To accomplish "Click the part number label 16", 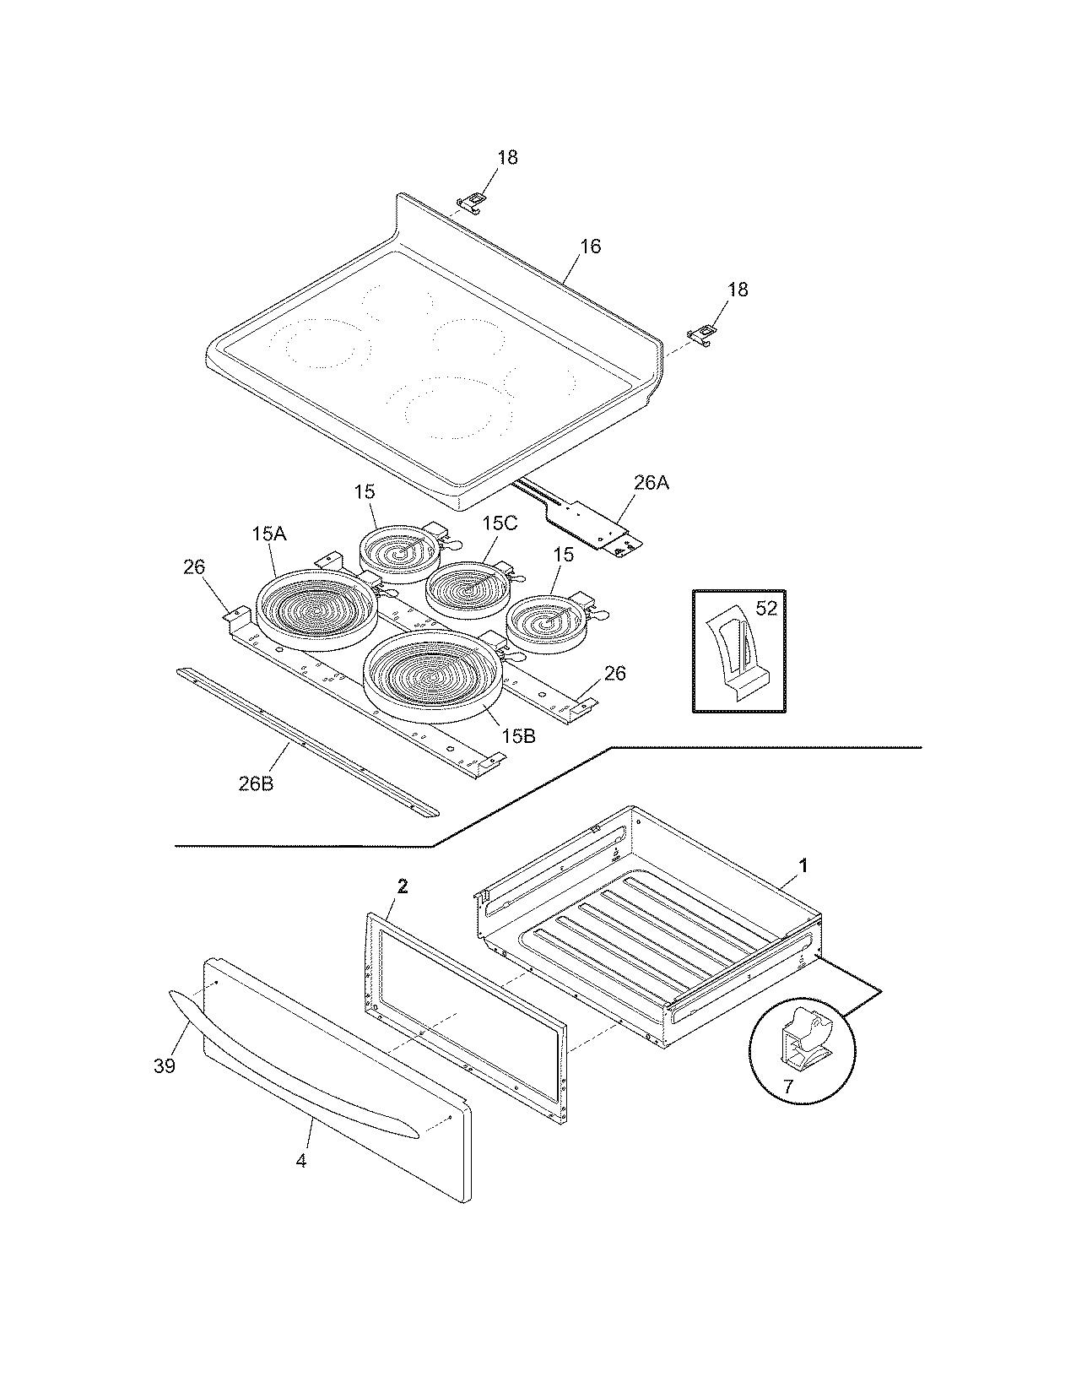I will [x=590, y=247].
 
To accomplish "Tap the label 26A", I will [x=651, y=483].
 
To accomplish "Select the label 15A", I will [x=268, y=534].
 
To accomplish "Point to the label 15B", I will [x=517, y=736].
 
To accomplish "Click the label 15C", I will [x=499, y=523].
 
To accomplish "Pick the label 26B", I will [x=255, y=783].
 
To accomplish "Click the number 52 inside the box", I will [x=765, y=608].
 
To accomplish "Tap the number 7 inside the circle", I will [x=787, y=1087].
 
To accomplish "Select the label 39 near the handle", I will [x=165, y=1065].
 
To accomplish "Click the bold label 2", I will [x=403, y=886].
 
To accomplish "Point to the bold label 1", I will [x=803, y=865].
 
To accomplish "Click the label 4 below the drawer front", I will [x=301, y=1161].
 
